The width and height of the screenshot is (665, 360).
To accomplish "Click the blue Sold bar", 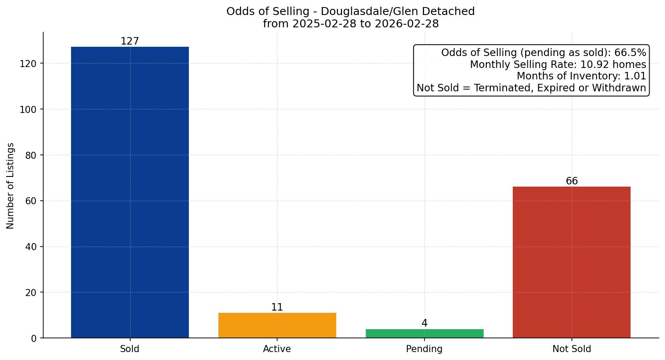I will (x=130, y=192).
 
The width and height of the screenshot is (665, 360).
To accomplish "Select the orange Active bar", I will (x=277, y=326).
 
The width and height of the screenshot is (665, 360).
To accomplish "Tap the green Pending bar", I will (x=425, y=334).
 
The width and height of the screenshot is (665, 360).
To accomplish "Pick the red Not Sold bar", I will (x=571, y=262).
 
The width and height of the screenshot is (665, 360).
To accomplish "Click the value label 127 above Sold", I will (x=130, y=41).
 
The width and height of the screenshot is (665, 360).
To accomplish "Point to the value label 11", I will (x=277, y=307).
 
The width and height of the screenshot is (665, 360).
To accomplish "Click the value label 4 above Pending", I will (x=425, y=323).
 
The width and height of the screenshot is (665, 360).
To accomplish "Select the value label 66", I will (x=571, y=181).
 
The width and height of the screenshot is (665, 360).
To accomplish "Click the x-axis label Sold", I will (x=130, y=349).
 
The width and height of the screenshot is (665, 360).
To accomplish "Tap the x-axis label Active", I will (x=277, y=349).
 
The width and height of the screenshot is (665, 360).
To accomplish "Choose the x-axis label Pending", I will (x=425, y=349).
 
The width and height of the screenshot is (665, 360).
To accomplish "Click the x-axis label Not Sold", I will (x=571, y=349).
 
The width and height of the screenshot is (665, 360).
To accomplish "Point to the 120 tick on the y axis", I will (x=28, y=64).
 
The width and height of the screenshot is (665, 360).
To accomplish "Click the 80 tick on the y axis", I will (x=31, y=155).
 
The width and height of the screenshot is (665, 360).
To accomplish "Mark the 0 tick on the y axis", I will (x=34, y=338).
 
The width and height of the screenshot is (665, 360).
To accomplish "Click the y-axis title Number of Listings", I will (x=11, y=186).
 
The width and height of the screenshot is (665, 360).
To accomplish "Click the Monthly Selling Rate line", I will (x=558, y=65).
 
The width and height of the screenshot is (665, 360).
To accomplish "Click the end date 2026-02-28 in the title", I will (x=406, y=24).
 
